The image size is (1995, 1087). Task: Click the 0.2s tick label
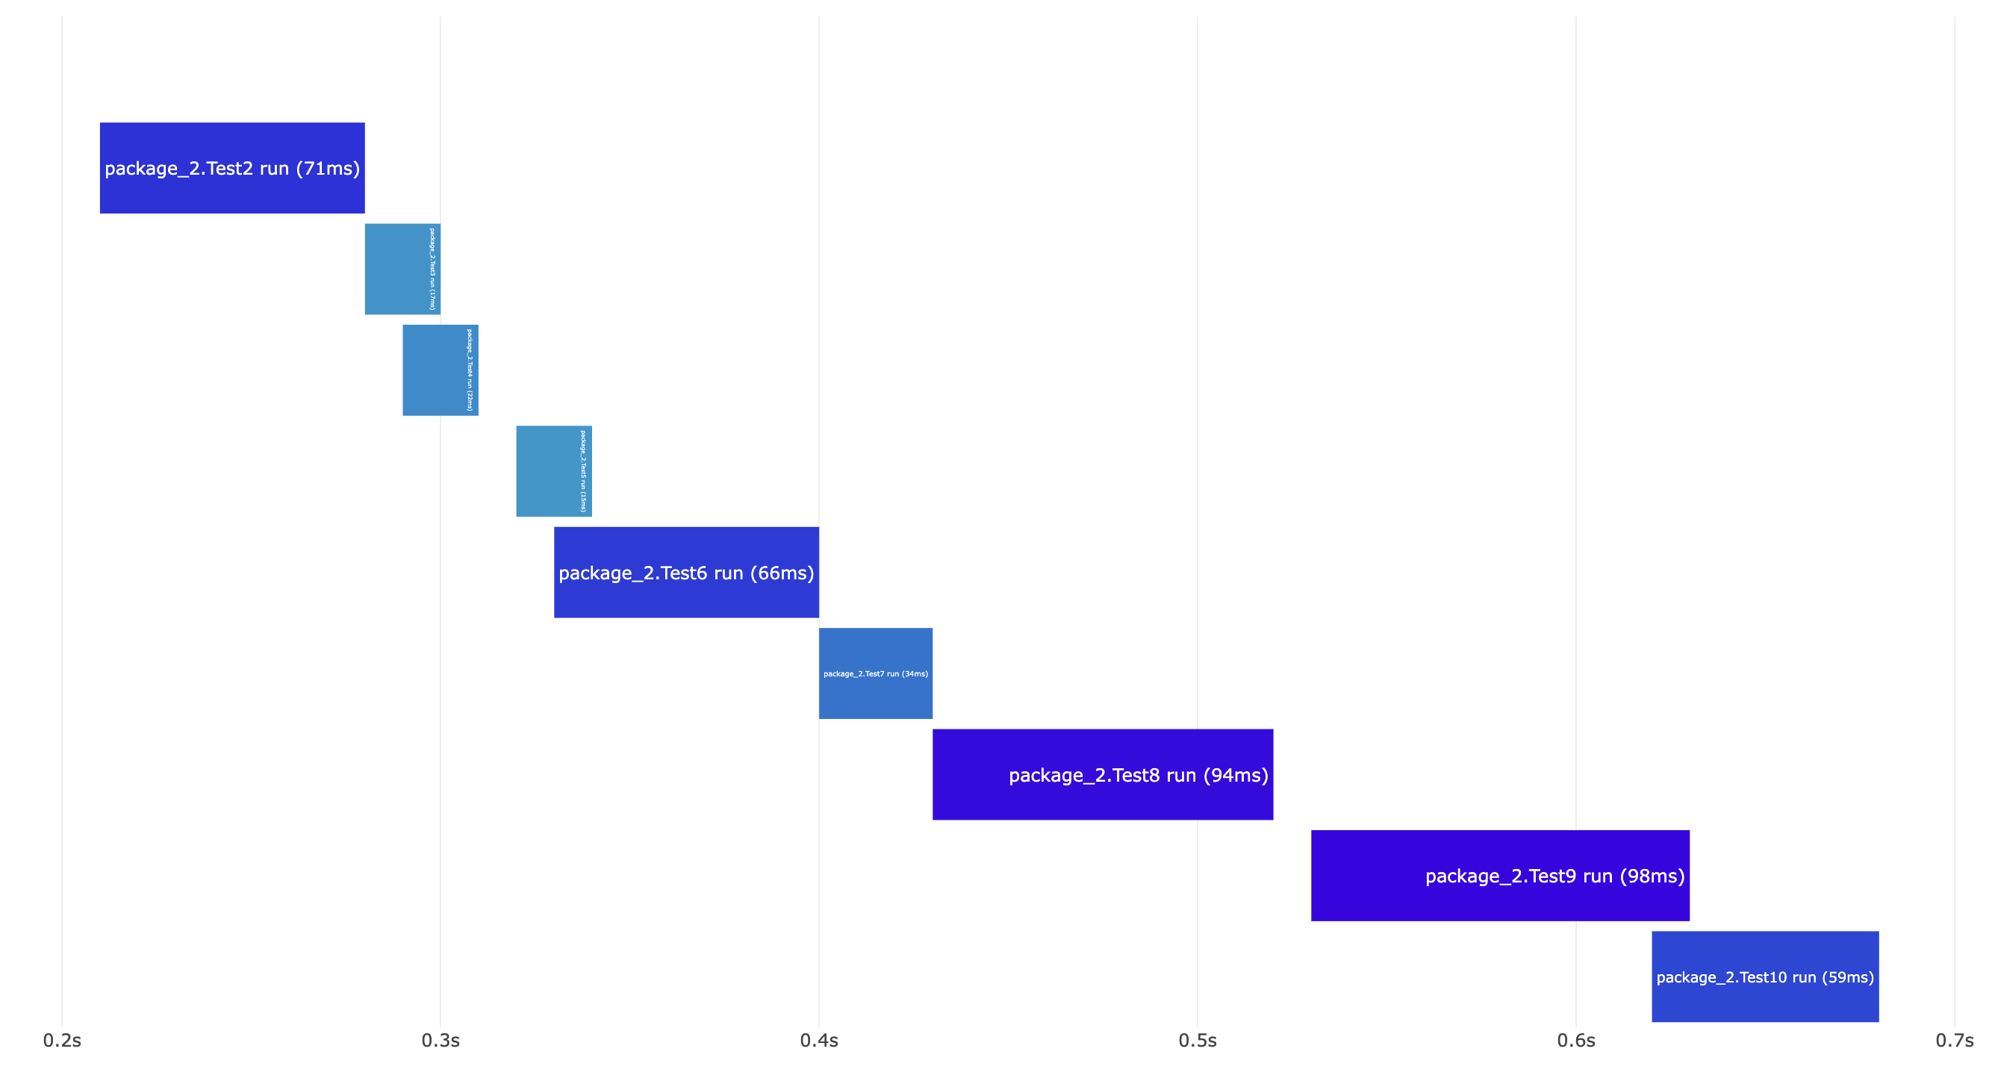62,1041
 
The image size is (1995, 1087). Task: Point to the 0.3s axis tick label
441,1041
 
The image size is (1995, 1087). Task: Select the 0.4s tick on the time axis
818,1041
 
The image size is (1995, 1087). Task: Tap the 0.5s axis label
1198,1041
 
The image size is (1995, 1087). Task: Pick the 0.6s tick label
1576,1041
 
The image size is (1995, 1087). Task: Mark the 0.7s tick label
1954,1041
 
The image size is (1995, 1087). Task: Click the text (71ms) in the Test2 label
328,169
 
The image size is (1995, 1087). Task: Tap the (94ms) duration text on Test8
1236,775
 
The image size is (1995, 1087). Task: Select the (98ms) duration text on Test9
1653,876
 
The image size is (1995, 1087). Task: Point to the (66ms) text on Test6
782,573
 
